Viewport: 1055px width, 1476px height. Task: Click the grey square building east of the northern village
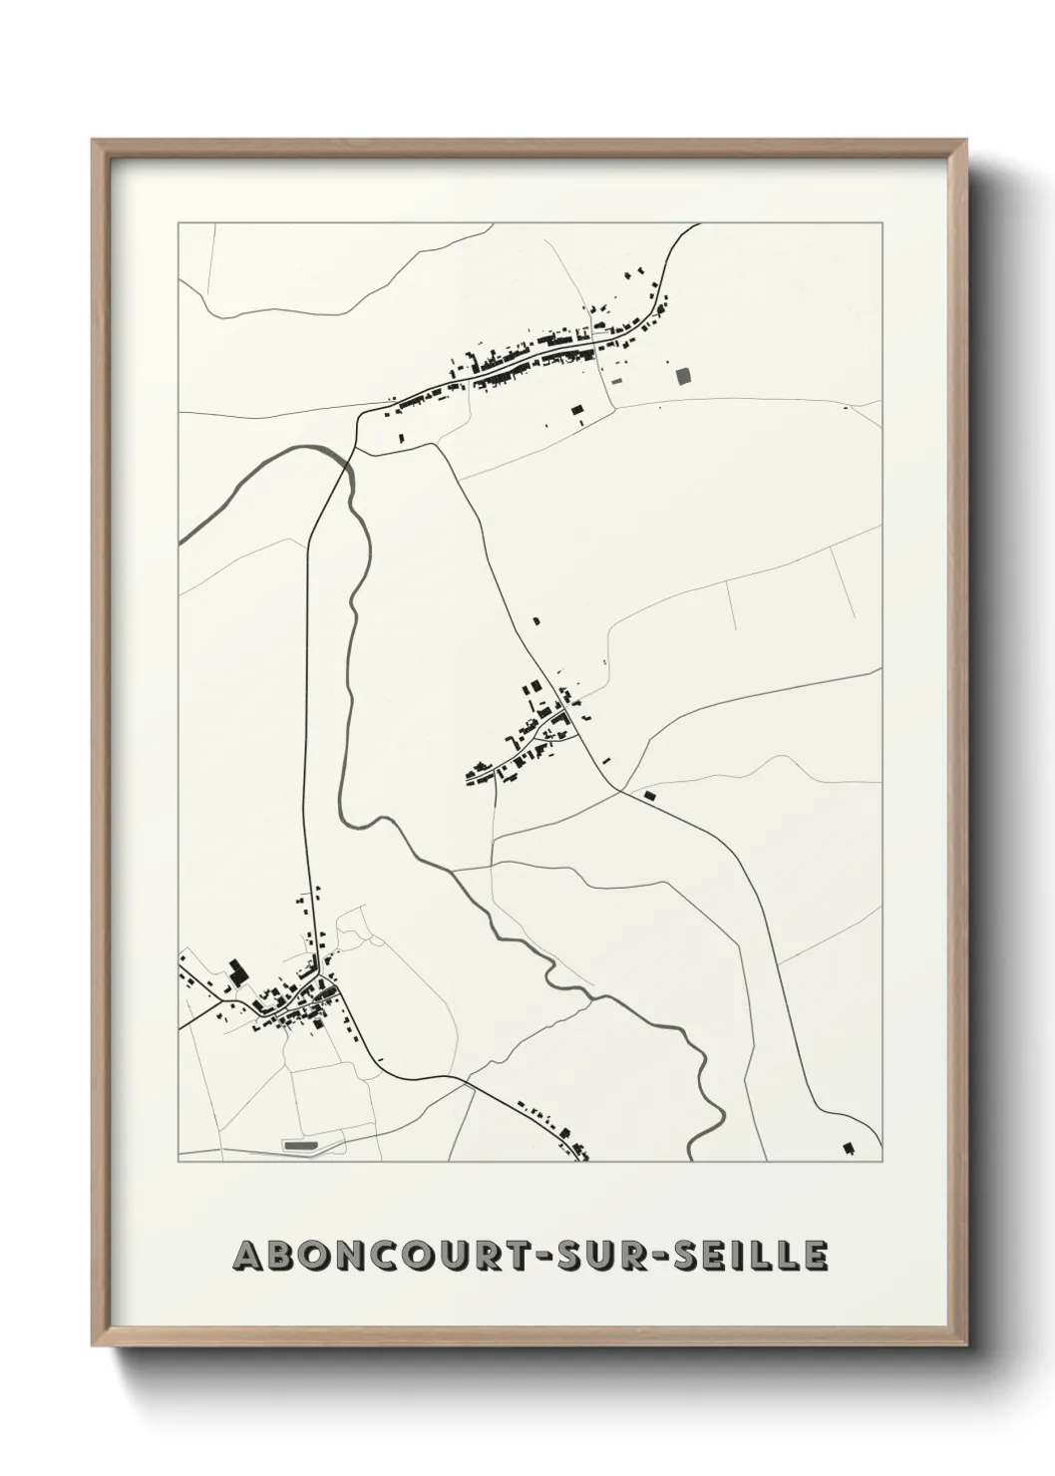pos(683,375)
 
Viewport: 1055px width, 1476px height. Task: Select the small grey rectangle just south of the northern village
pos(615,380)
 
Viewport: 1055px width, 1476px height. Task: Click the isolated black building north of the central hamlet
pos(536,621)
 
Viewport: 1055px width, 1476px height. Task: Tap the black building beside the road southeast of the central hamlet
pos(650,796)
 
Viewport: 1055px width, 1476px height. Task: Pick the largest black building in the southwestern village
pos(236,971)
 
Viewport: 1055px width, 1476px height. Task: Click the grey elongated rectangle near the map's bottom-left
pos(299,1146)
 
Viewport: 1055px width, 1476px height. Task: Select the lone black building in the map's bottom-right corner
pos(850,1149)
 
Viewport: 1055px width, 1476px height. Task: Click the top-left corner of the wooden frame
pos(94,141)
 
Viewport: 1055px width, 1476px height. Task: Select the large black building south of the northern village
pos(576,409)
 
